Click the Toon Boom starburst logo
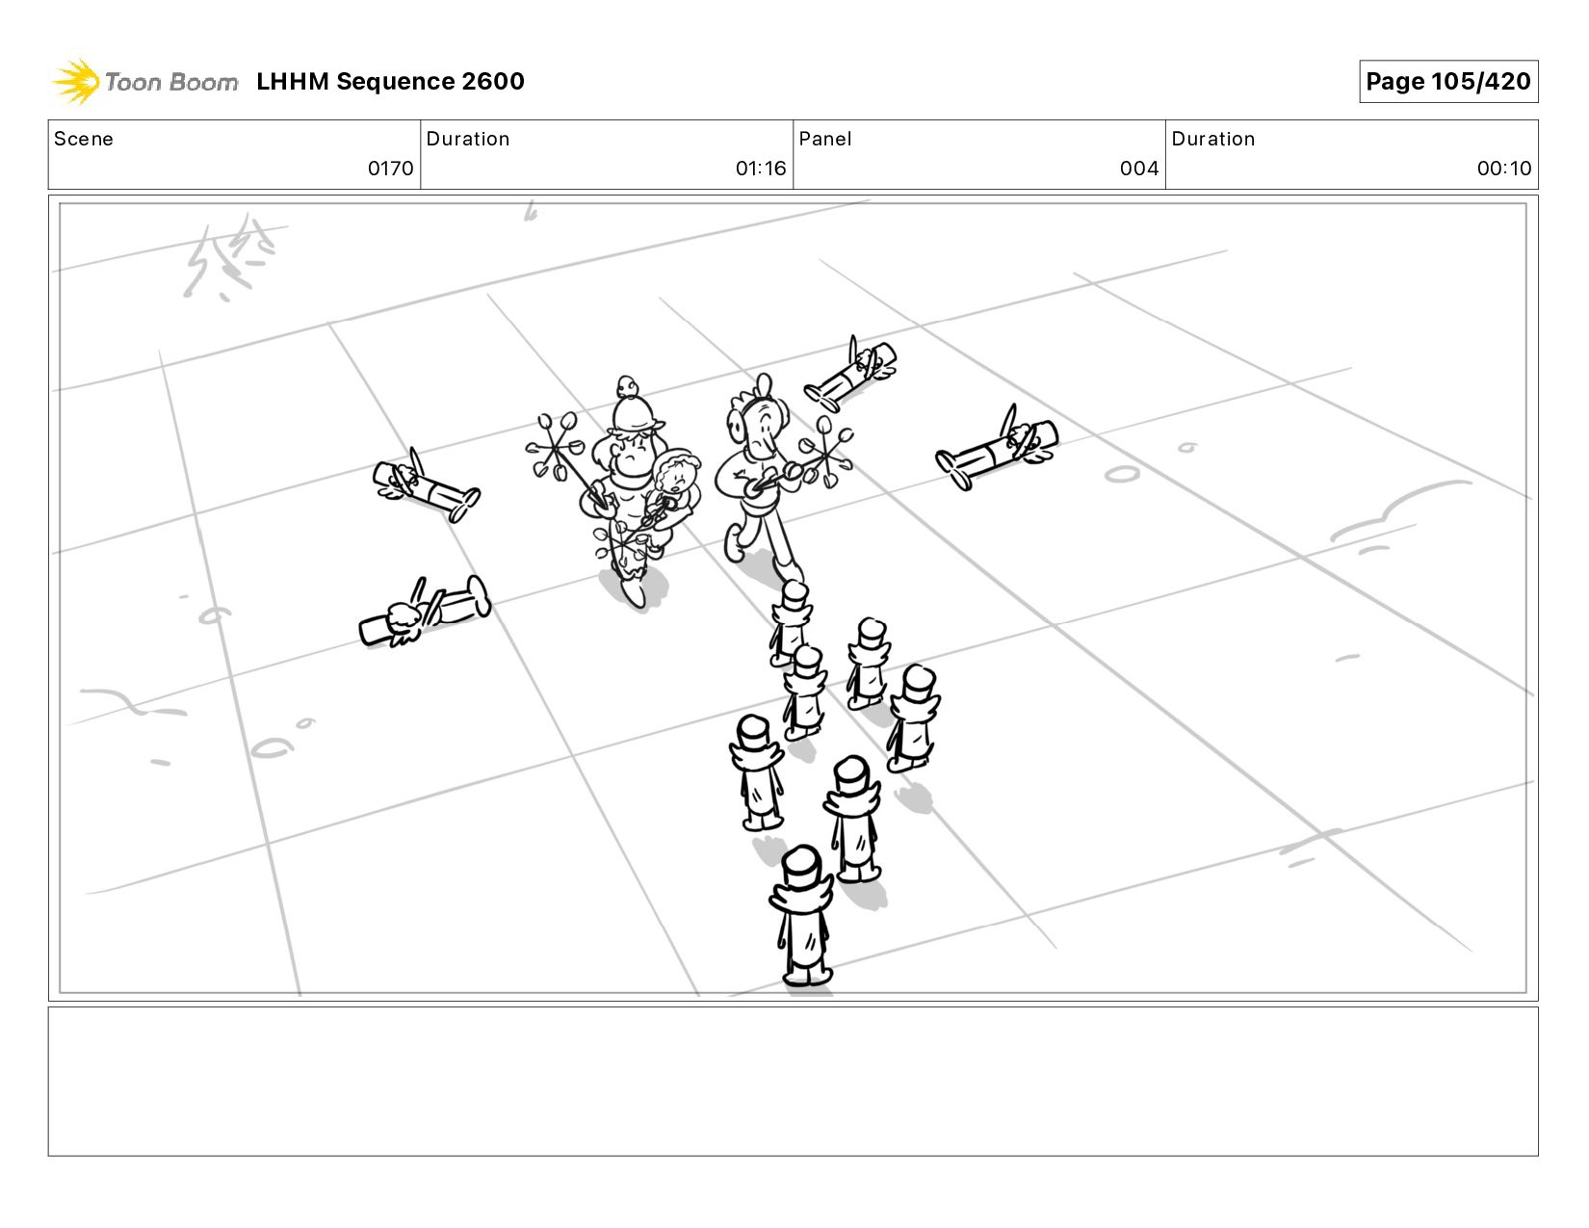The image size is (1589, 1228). pos(75,81)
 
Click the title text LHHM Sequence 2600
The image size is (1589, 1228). pos(390,81)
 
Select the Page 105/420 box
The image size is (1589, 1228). pos(1447,81)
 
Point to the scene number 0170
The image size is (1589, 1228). pos(390,169)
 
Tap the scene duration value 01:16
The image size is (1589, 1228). pos(761,169)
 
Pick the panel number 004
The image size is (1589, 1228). pos(1138,169)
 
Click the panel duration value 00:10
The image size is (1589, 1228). pos(1503,169)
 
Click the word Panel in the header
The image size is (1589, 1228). pos(825,139)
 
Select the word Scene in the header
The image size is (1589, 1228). pos(84,139)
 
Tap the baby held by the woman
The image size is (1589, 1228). pos(674,483)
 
